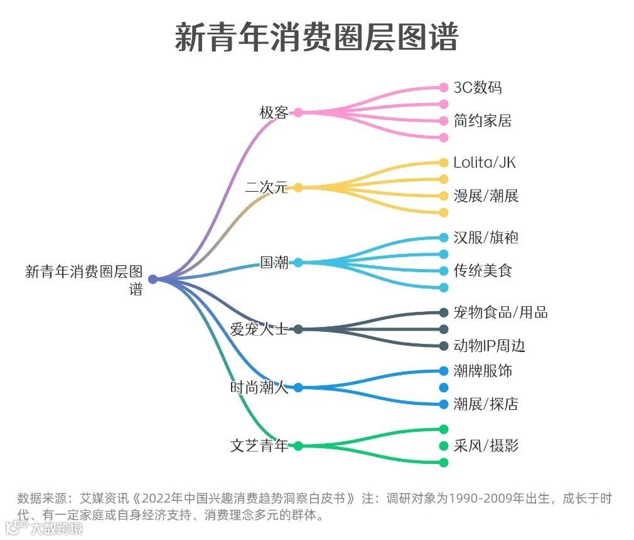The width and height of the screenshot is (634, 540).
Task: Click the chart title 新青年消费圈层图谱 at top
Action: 316,37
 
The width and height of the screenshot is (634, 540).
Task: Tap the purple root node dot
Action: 153,279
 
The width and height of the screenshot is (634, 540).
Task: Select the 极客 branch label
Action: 274,113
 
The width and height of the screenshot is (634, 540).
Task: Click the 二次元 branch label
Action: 266,187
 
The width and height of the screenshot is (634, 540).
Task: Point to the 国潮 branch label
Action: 274,262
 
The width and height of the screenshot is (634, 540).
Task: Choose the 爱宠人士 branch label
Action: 259,329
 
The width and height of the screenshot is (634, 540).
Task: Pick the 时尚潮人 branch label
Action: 259,387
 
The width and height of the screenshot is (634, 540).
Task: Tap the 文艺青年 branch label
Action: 259,446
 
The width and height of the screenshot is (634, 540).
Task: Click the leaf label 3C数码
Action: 478,87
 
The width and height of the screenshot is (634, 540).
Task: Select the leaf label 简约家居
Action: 483,121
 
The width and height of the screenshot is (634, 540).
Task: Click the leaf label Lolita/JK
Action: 484,163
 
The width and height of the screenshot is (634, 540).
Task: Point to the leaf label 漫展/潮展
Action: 486,196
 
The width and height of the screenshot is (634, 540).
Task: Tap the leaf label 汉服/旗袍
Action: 486,238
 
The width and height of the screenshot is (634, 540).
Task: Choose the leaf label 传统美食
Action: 483,271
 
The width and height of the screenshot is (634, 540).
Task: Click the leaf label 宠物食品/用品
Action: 500,312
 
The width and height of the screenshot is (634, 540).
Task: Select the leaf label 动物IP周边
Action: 489,346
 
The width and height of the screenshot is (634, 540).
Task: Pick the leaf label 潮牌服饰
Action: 483,371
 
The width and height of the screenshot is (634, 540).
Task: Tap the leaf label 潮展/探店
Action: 486,404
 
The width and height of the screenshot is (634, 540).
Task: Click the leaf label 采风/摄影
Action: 486,446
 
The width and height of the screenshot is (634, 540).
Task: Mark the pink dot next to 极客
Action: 298,113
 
